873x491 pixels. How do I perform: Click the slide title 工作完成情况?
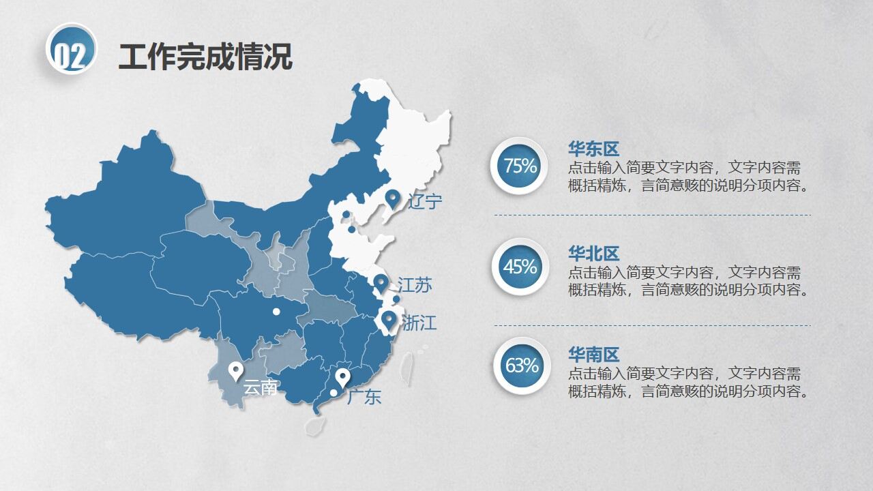[x=205, y=57]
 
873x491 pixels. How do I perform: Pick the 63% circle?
[x=521, y=366]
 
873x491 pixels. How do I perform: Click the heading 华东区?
[x=593, y=149]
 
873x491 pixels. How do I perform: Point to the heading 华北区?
[x=593, y=254]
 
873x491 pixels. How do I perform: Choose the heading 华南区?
[x=593, y=355]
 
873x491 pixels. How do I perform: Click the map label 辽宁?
[x=426, y=201]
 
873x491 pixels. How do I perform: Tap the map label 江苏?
[x=415, y=285]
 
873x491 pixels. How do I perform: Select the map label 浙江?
[x=419, y=323]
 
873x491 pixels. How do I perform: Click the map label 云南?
[x=261, y=388]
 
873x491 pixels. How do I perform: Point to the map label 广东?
[x=364, y=397]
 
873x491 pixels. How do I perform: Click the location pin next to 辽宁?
[x=392, y=198]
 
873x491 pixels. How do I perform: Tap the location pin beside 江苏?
[x=381, y=282]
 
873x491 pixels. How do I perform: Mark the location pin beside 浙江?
[x=389, y=319]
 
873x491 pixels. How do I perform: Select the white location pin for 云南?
[x=235, y=370]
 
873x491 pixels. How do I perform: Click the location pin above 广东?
[x=342, y=376]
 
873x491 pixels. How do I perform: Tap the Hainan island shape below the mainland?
[x=315, y=425]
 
